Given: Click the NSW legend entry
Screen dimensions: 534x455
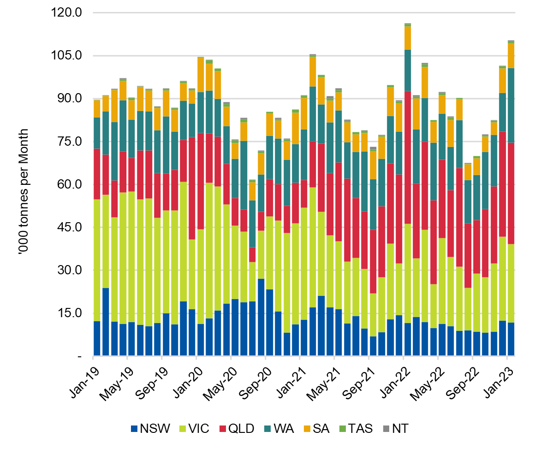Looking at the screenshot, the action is tap(150, 429).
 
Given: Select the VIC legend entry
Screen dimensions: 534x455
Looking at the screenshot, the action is tap(194, 429).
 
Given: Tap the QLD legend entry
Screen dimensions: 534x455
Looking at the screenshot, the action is tap(238, 429).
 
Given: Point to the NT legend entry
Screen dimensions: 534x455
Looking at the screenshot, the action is tap(395, 429).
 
